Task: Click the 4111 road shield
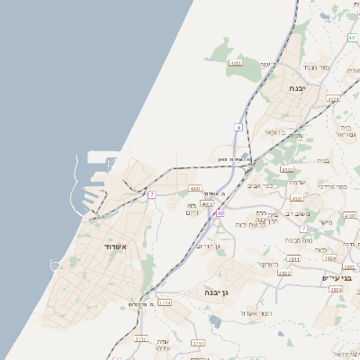click(x=236, y=63)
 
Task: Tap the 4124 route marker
click(x=333, y=99)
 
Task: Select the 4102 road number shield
click(x=287, y=168)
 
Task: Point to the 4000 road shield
click(x=195, y=189)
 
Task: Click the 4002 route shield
click(x=207, y=204)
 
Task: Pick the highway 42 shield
click(x=220, y=213)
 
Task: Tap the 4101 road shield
click(x=350, y=217)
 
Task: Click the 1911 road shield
click(x=293, y=259)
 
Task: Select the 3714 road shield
click(x=165, y=303)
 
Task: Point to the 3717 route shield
click(x=140, y=338)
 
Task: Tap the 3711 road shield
click(x=199, y=344)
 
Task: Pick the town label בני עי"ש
click(x=334, y=278)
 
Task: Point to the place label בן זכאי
click(x=274, y=131)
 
